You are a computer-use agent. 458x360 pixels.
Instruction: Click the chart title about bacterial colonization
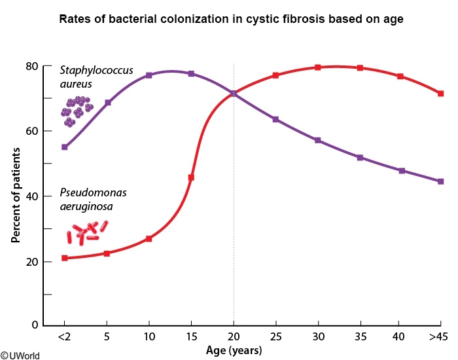coord(231,19)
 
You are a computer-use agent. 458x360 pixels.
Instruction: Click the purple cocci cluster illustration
coord(78,111)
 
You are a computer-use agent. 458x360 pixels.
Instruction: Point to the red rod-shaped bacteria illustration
coord(86,232)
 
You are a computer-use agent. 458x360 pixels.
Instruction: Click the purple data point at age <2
coord(64,147)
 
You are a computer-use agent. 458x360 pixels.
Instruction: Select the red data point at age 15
coord(191,177)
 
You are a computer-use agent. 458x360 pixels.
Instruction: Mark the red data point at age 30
coord(317,67)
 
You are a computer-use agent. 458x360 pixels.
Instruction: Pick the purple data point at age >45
coord(441,181)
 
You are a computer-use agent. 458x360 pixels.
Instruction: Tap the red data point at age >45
coord(441,94)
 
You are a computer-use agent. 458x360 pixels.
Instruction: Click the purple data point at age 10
coord(149,75)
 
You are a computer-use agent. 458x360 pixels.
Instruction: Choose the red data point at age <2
coord(64,258)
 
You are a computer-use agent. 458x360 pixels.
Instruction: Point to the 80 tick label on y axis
coord(30,66)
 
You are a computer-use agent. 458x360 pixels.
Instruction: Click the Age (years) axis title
coord(234,351)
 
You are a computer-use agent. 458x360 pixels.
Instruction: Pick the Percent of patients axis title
coord(15,195)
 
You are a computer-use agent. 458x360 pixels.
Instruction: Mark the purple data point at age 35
coord(360,158)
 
